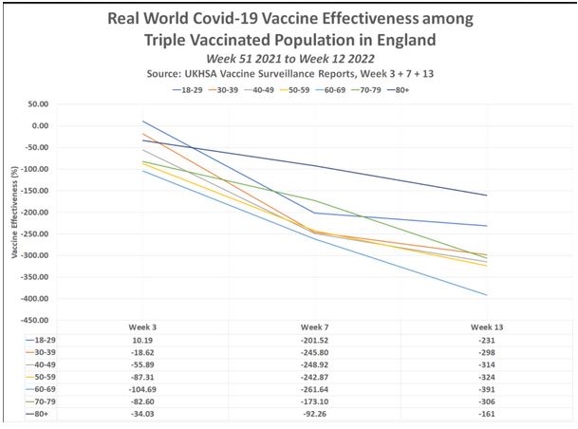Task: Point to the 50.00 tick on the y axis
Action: pyautogui.click(x=38, y=104)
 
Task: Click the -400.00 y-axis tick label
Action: pyautogui.click(x=35, y=322)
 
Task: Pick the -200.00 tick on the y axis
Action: pyautogui.click(x=35, y=213)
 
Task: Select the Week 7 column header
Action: pyautogui.click(x=314, y=326)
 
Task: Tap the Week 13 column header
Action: pyautogui.click(x=487, y=326)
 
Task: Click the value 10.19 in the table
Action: pyautogui.click(x=142, y=339)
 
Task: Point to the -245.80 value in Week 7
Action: pyautogui.click(x=314, y=351)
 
